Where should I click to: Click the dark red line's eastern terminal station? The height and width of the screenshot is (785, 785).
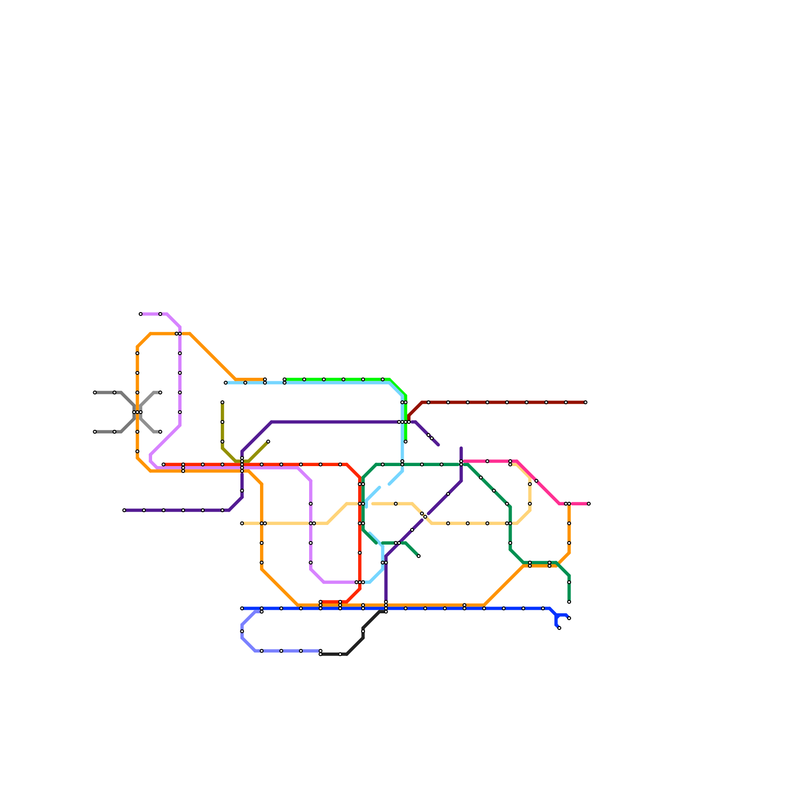coord(585,402)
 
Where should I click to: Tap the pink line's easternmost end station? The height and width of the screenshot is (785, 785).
coord(589,504)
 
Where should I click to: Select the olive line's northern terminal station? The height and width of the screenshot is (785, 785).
coord(222,402)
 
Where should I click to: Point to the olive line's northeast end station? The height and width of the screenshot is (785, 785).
coord(268,442)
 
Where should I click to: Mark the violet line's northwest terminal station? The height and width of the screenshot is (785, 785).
coord(140,314)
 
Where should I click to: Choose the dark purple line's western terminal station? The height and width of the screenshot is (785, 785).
coord(124,510)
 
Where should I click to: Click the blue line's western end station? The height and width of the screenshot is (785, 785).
coord(242,608)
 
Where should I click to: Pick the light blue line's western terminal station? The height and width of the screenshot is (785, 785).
coord(226,383)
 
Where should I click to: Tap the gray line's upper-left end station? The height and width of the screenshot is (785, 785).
coord(95,392)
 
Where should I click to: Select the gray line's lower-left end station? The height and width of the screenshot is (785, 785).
coord(95,432)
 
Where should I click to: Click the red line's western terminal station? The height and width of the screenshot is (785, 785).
coord(163,464)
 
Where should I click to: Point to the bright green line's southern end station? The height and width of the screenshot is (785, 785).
coord(406,442)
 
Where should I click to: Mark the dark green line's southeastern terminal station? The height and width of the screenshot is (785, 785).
coord(569,602)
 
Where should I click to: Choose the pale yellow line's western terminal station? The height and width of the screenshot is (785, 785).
coord(242,523)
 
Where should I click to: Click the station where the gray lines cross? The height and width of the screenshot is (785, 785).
coord(137,412)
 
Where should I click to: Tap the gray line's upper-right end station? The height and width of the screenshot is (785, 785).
coord(160,392)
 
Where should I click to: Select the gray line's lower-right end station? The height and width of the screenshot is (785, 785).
coord(160,432)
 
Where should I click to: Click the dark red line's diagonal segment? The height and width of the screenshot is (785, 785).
coord(415,410)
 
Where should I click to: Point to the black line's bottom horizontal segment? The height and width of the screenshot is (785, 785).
coord(334,654)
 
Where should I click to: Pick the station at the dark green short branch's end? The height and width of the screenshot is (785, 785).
coord(419,556)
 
